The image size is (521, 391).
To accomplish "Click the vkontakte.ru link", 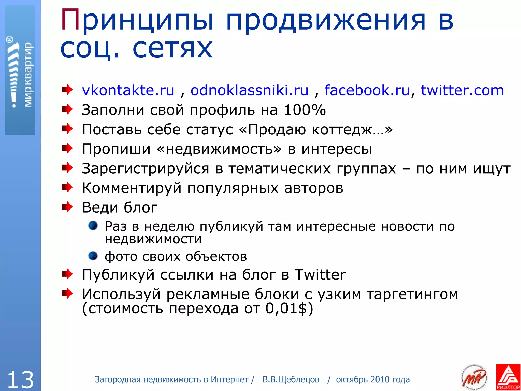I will coord(128,90).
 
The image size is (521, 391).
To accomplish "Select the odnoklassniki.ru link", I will coord(249,90).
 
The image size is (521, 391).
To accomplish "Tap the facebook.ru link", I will coord(367,90).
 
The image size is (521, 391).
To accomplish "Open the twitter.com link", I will coord(462,90).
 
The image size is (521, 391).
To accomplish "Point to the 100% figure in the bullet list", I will coord(305,110).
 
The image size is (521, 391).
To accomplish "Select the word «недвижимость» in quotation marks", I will coord(220,149).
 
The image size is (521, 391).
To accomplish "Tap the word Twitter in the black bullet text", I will coord(320,275).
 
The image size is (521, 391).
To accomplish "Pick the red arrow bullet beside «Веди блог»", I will coord(67,207).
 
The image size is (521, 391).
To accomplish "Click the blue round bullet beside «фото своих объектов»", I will coord(93,256).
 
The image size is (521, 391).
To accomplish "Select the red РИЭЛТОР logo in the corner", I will coord(508,377).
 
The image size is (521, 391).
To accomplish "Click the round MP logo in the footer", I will coord(474,377).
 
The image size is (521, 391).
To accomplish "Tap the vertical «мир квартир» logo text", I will coord(28,75).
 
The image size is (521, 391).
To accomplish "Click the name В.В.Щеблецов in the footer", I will coord(291,380).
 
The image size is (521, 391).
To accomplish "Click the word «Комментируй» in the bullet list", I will coord(132,188).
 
